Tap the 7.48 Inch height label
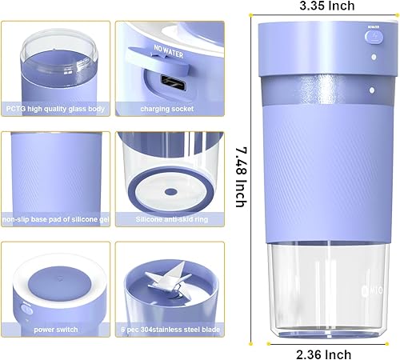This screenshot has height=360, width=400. pyautogui.click(x=237, y=179)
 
